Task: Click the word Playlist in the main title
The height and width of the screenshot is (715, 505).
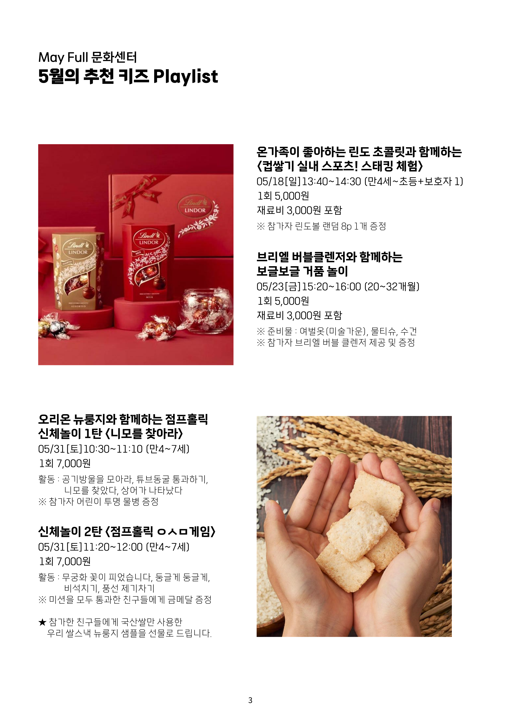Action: [x=186, y=77]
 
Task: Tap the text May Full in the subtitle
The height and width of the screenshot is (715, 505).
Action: [x=63, y=58]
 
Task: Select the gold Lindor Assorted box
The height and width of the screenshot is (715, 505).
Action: [x=78, y=271]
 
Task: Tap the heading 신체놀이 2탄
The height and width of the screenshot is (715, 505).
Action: [x=70, y=532]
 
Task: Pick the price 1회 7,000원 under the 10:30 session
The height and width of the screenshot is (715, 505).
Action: [x=65, y=463]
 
